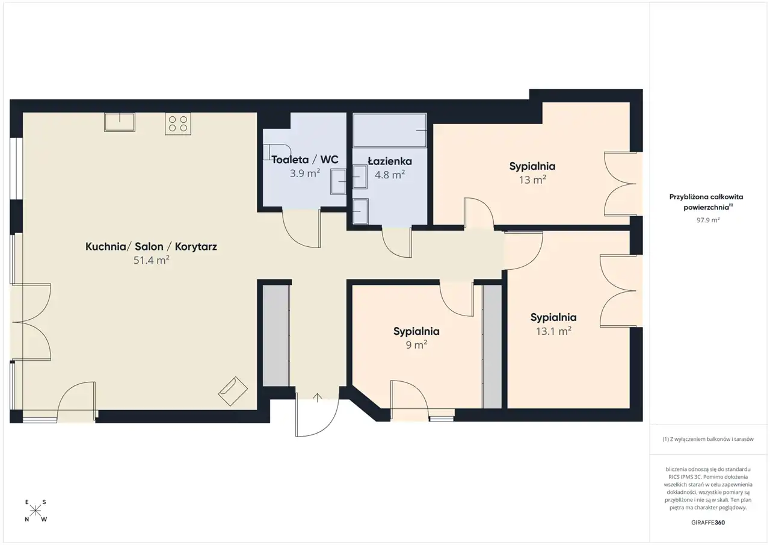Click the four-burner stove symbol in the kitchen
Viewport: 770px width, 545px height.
[x=178, y=124]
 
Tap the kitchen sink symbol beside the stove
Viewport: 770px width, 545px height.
[x=120, y=122]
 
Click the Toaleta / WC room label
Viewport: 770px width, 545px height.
[x=305, y=160]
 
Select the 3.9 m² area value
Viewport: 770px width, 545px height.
[x=305, y=173]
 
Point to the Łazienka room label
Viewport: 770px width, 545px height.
[x=390, y=161]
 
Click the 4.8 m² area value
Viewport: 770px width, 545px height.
[x=390, y=175]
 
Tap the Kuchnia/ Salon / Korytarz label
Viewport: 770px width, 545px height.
[x=151, y=246]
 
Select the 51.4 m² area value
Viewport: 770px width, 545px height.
[x=151, y=260]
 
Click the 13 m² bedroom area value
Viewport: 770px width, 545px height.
[x=532, y=179]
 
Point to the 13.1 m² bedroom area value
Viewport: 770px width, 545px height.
[x=553, y=331]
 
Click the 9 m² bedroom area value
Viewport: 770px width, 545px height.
[x=416, y=344]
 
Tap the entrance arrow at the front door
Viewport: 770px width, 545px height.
[x=317, y=397]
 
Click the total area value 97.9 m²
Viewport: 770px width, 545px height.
[x=708, y=220]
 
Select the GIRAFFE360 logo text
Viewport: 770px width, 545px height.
[x=708, y=522]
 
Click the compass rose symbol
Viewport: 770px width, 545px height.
[x=35, y=511]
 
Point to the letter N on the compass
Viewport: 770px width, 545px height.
[x=27, y=519]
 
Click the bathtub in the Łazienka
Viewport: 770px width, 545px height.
[x=390, y=131]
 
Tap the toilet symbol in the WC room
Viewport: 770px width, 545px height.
[x=277, y=152]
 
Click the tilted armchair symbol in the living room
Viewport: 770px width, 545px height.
[x=233, y=391]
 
